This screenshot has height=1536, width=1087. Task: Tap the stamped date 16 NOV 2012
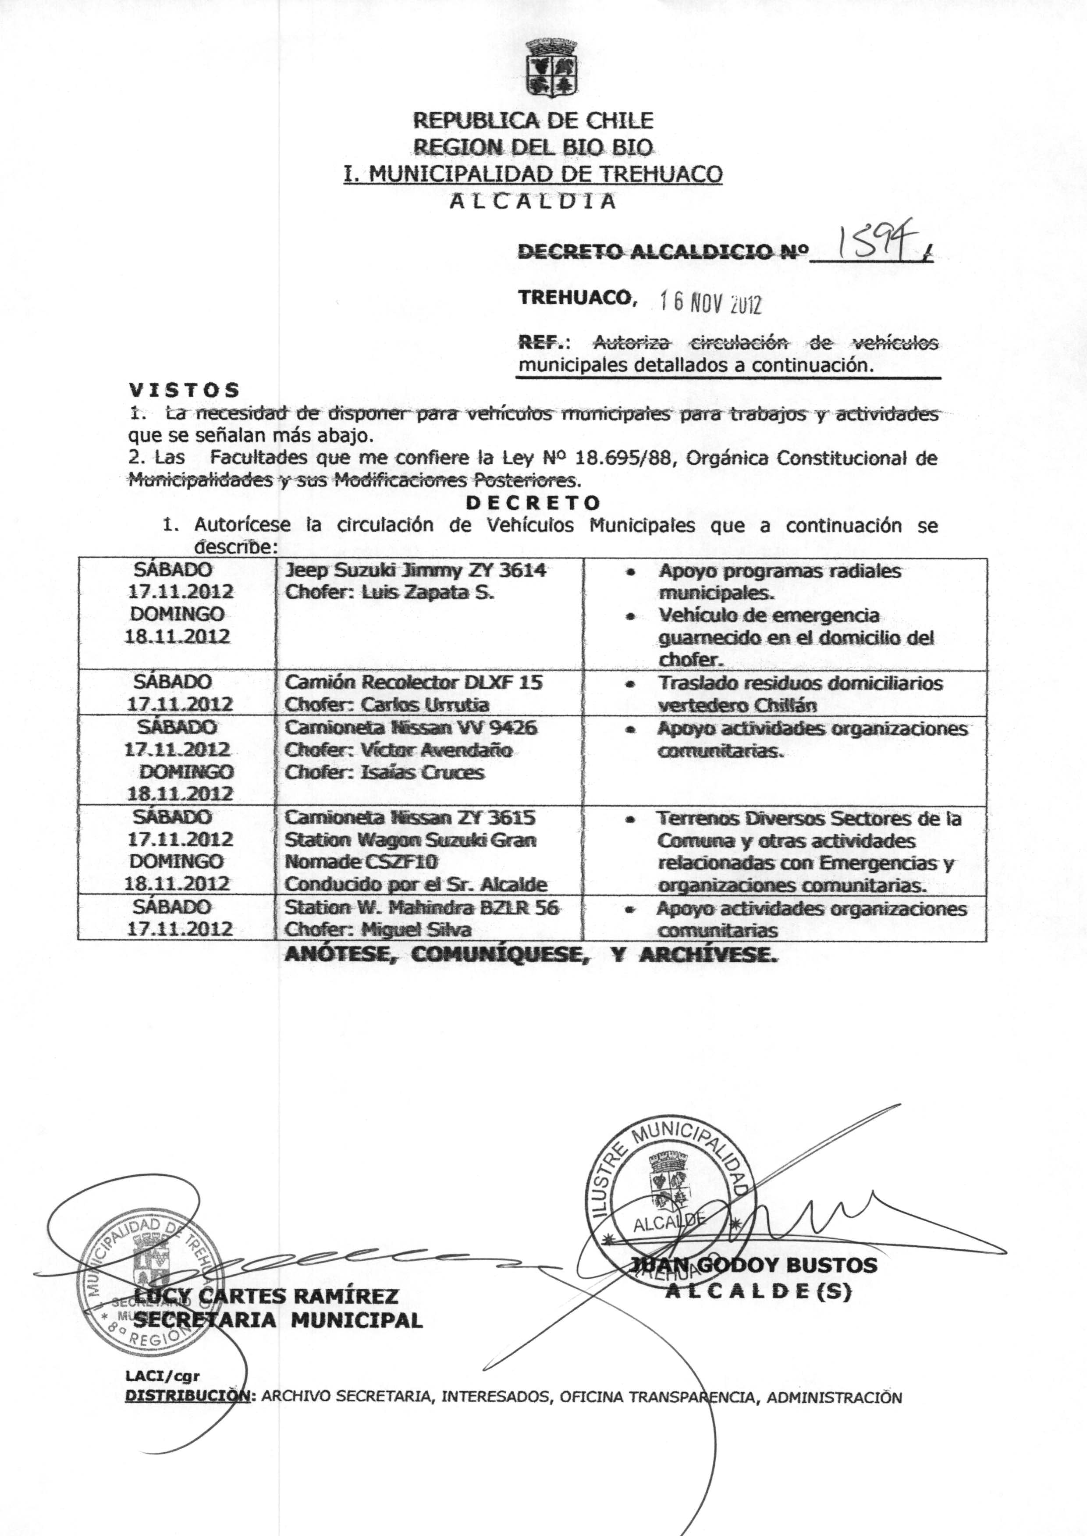(710, 304)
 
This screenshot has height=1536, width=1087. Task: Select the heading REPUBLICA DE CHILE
(533, 121)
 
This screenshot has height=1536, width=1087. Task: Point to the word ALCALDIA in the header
(533, 201)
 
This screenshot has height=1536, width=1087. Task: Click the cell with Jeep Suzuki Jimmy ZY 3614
(416, 570)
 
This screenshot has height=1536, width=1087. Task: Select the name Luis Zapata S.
(429, 593)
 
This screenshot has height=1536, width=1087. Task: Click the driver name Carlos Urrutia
(426, 705)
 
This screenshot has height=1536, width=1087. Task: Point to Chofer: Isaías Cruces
(384, 772)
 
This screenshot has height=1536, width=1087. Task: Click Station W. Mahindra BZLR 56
(422, 908)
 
